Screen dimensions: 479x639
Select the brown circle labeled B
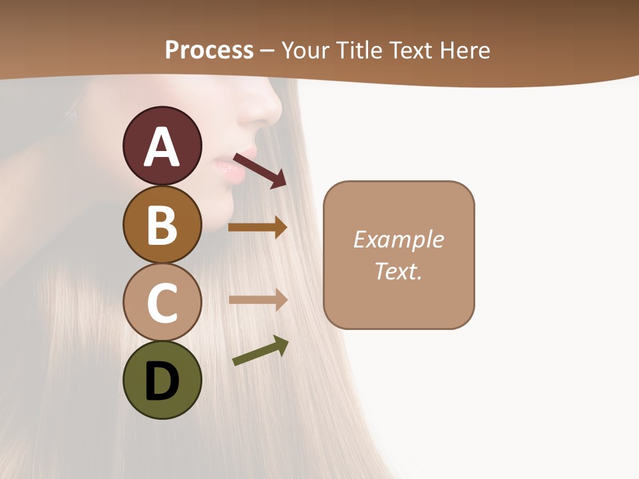coord(162,225)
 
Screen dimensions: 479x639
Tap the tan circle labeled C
coord(162,303)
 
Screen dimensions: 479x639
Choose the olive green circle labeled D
coord(162,380)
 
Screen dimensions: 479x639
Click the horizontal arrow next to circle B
coord(258,228)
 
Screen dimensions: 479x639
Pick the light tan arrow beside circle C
coord(258,299)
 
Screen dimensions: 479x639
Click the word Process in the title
coord(209,50)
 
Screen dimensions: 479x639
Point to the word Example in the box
coord(398,239)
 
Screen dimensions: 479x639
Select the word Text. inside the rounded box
coord(398,271)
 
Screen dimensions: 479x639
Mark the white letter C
coord(162,303)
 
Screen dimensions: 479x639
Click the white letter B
coord(162,225)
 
